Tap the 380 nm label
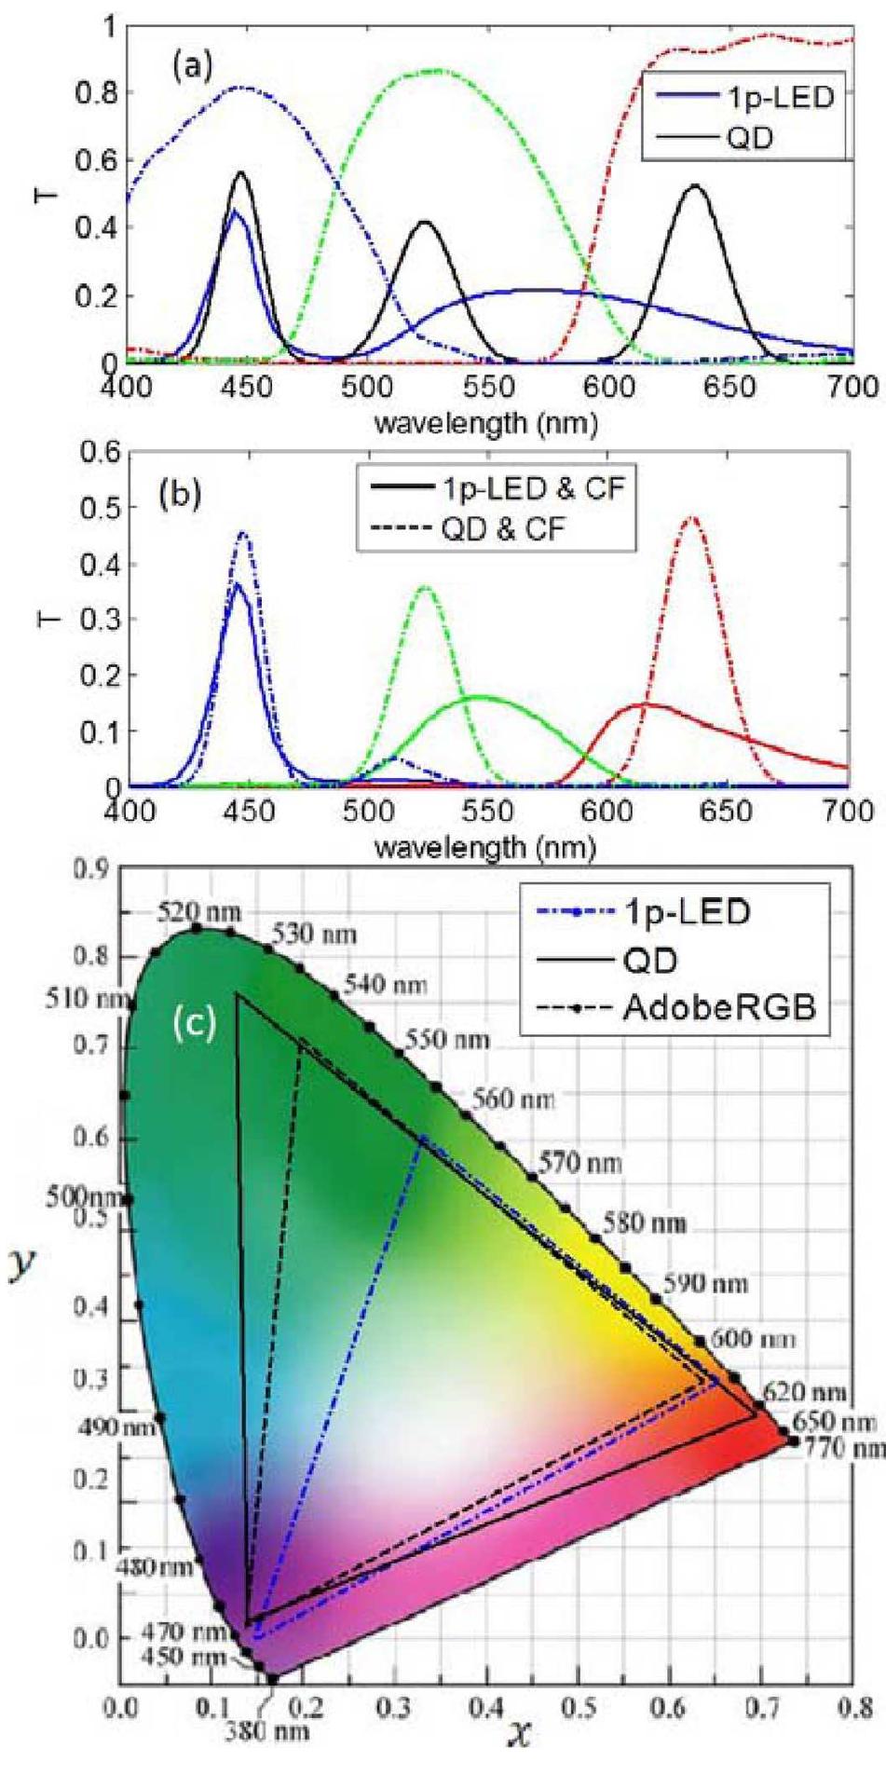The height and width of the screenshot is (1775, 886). click(265, 1704)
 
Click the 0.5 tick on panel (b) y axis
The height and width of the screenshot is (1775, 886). click(103, 508)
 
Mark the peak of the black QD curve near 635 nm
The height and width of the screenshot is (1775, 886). click(694, 185)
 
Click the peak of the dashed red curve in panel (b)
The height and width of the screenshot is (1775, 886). click(691, 518)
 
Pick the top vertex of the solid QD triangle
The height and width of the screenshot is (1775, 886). click(239, 996)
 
